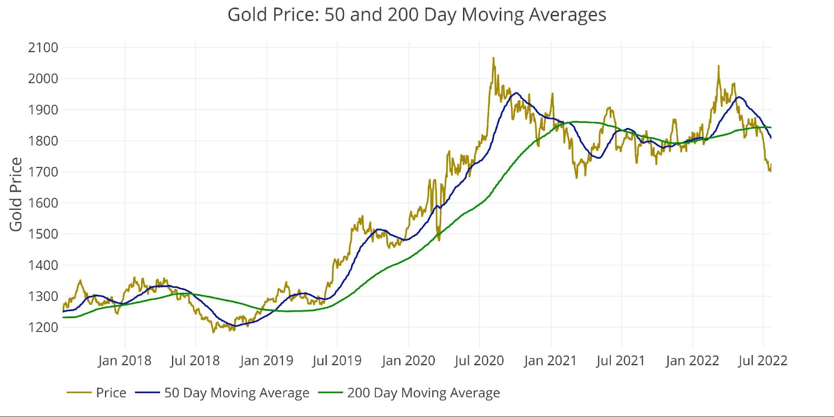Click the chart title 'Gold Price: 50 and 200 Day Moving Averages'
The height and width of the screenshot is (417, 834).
coord(416,15)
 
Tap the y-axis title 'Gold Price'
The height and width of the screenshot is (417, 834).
coord(16,194)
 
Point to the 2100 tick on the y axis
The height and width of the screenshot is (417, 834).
coord(43,48)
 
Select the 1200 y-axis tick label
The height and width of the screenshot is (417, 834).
coord(43,327)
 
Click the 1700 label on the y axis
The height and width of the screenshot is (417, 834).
coord(43,172)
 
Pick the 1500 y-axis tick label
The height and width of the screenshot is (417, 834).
coord(43,234)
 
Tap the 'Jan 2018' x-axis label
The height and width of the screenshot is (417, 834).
coord(125,360)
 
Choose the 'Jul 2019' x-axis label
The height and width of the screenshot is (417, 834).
coord(337,360)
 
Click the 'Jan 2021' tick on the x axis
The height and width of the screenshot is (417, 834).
coord(550,360)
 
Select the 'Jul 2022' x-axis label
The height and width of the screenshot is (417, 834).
coord(763,360)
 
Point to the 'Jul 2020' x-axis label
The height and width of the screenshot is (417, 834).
coord(479,360)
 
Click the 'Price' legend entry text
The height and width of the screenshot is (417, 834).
coord(111,393)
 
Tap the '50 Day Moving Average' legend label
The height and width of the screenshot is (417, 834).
coord(237,393)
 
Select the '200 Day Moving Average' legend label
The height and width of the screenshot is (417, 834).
coord(423,393)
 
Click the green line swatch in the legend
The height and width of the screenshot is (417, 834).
coord(330,393)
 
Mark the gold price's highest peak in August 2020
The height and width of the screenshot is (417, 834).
coord(493,58)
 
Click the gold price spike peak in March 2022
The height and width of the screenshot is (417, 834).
coord(718,66)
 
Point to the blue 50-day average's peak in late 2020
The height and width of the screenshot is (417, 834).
coord(516,93)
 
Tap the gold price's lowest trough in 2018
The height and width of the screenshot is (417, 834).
coord(214,332)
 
